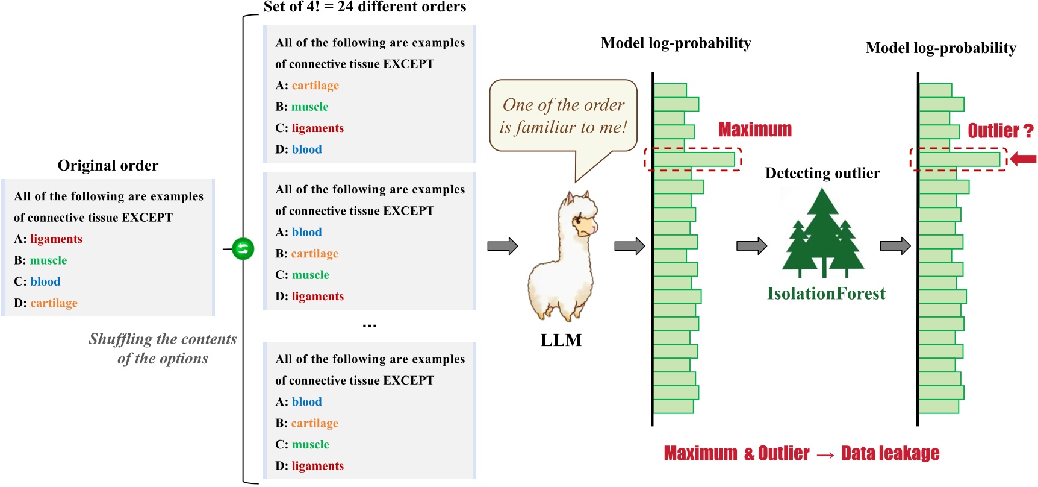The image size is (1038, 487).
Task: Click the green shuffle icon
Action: tap(243, 248)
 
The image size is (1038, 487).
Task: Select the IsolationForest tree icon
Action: tap(823, 234)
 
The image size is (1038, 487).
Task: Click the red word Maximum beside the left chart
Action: tap(755, 130)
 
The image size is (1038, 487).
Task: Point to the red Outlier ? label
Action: tap(1000, 131)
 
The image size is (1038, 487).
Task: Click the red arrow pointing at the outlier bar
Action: tap(1023, 159)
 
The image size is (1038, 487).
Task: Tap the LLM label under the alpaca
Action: tap(561, 340)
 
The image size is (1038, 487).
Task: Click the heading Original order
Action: tap(108, 166)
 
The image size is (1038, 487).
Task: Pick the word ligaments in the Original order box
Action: tap(56, 239)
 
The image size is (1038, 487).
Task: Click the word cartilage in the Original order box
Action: tap(54, 303)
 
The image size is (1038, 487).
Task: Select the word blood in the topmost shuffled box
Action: tap(306, 149)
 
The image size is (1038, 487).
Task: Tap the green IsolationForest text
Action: tap(826, 294)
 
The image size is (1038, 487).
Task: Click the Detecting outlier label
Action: tap(822, 174)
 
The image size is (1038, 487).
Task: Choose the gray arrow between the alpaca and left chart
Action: tap(629, 246)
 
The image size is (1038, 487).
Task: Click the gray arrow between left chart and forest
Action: tap(751, 246)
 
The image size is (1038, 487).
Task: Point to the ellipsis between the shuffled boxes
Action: tap(369, 325)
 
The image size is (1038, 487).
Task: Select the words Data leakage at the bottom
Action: tap(890, 453)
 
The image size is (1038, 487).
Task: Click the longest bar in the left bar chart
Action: tap(694, 160)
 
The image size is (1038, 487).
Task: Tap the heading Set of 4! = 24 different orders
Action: tap(365, 7)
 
